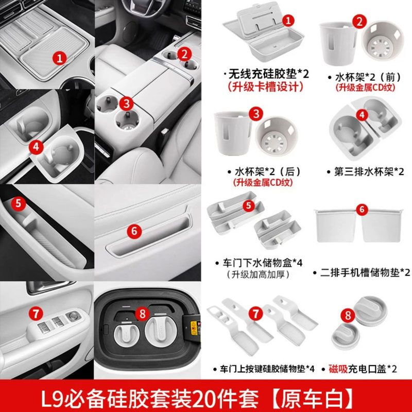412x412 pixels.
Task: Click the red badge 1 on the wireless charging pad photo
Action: tap(60, 58)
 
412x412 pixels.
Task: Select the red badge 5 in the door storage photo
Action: tap(19, 203)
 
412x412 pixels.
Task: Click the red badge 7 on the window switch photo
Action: tap(35, 312)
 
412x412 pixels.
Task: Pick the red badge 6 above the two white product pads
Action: tap(362, 209)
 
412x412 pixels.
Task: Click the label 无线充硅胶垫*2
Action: tap(266, 74)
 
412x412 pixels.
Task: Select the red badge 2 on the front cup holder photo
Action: tap(184, 53)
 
